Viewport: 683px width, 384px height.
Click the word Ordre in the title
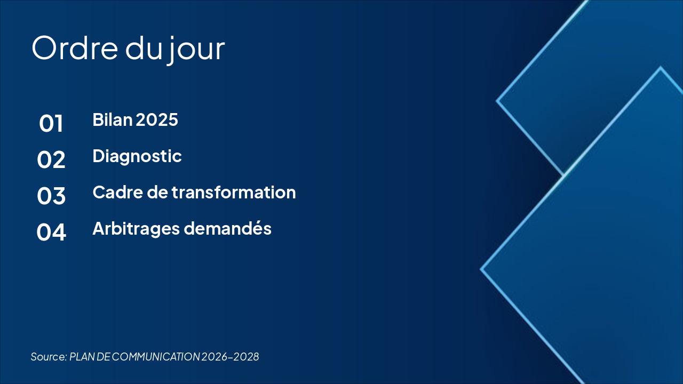(75, 48)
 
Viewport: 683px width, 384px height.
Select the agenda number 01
(51, 123)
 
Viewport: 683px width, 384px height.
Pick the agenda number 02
(51, 159)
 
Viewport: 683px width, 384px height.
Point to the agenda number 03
(51, 196)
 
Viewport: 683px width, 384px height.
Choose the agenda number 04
(51, 232)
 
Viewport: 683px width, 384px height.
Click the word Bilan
(112, 119)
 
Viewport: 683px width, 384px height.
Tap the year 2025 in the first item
(157, 119)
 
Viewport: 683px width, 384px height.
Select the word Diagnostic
(137, 156)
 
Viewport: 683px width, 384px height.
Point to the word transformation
(234, 193)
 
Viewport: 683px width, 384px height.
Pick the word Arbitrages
(136, 229)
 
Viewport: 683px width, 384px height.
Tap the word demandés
(227, 228)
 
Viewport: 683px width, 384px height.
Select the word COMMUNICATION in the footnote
(156, 357)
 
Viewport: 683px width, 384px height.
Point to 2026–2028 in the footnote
(230, 357)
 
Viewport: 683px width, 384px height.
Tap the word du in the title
(144, 49)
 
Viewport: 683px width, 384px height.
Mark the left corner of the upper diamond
(496, 101)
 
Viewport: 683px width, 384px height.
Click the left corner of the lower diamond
(481, 269)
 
